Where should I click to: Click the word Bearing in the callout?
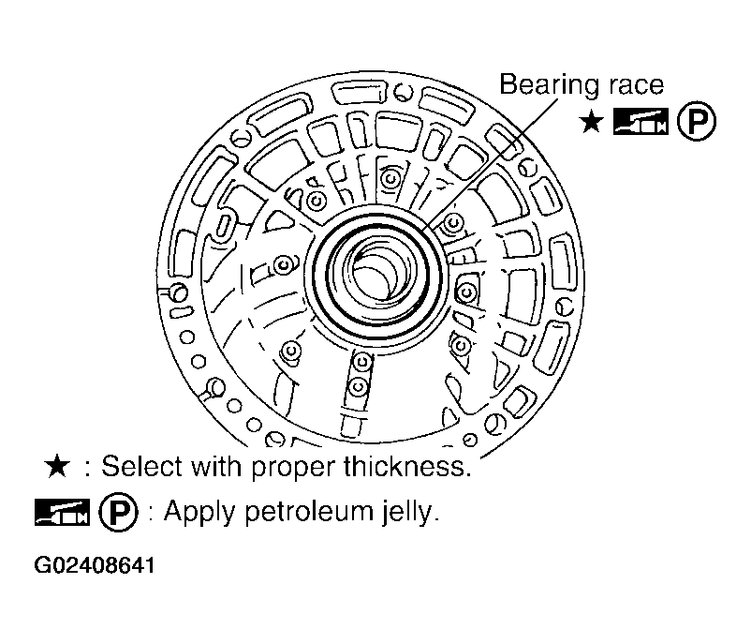tap(550, 86)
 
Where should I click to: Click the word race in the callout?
tap(637, 86)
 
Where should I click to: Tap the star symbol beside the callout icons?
tap(592, 122)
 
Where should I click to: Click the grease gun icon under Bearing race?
tap(641, 121)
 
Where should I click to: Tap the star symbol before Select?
tap(57, 466)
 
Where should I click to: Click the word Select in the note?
tap(141, 466)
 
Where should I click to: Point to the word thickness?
tap(407, 466)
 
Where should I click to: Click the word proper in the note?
tap(291, 469)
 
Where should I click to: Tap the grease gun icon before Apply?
tap(62, 512)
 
